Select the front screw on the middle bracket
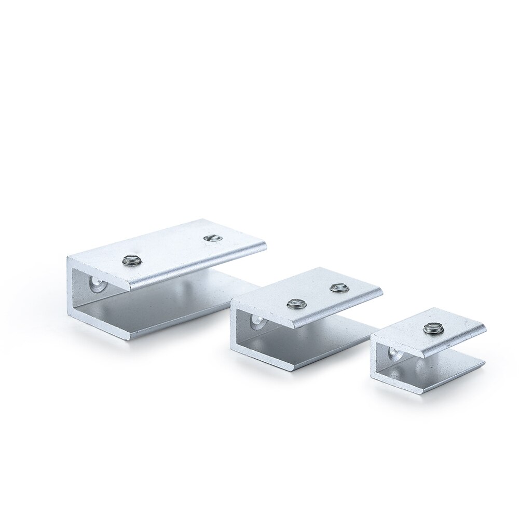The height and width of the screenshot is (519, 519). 295,303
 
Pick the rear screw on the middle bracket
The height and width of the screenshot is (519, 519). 338,286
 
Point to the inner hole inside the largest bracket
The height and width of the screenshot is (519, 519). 97,284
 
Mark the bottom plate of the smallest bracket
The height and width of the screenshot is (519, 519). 446,371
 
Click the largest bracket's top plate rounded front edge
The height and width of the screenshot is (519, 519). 197,267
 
